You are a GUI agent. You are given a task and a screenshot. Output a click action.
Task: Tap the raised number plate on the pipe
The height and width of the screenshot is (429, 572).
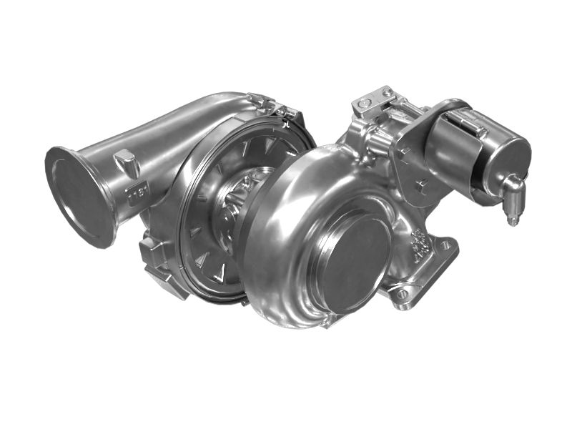tap(136, 193)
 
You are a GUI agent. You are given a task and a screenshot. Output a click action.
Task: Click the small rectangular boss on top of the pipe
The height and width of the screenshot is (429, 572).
tap(127, 163)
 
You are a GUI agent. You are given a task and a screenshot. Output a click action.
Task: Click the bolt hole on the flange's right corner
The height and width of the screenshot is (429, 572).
tap(446, 245)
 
